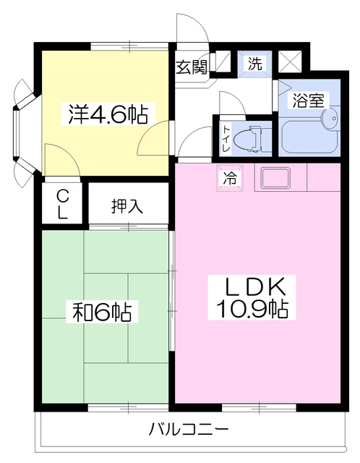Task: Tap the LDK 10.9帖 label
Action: (252, 297)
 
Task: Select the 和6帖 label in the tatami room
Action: (102, 312)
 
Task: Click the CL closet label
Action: (62, 204)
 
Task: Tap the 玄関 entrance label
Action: (192, 67)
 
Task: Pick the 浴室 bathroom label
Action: (309, 101)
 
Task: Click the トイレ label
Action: (226, 138)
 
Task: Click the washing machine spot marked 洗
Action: (255, 64)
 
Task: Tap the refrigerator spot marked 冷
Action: (230, 179)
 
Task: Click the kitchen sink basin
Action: (275, 179)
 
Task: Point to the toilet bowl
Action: (247, 139)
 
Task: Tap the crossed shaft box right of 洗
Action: (291, 61)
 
